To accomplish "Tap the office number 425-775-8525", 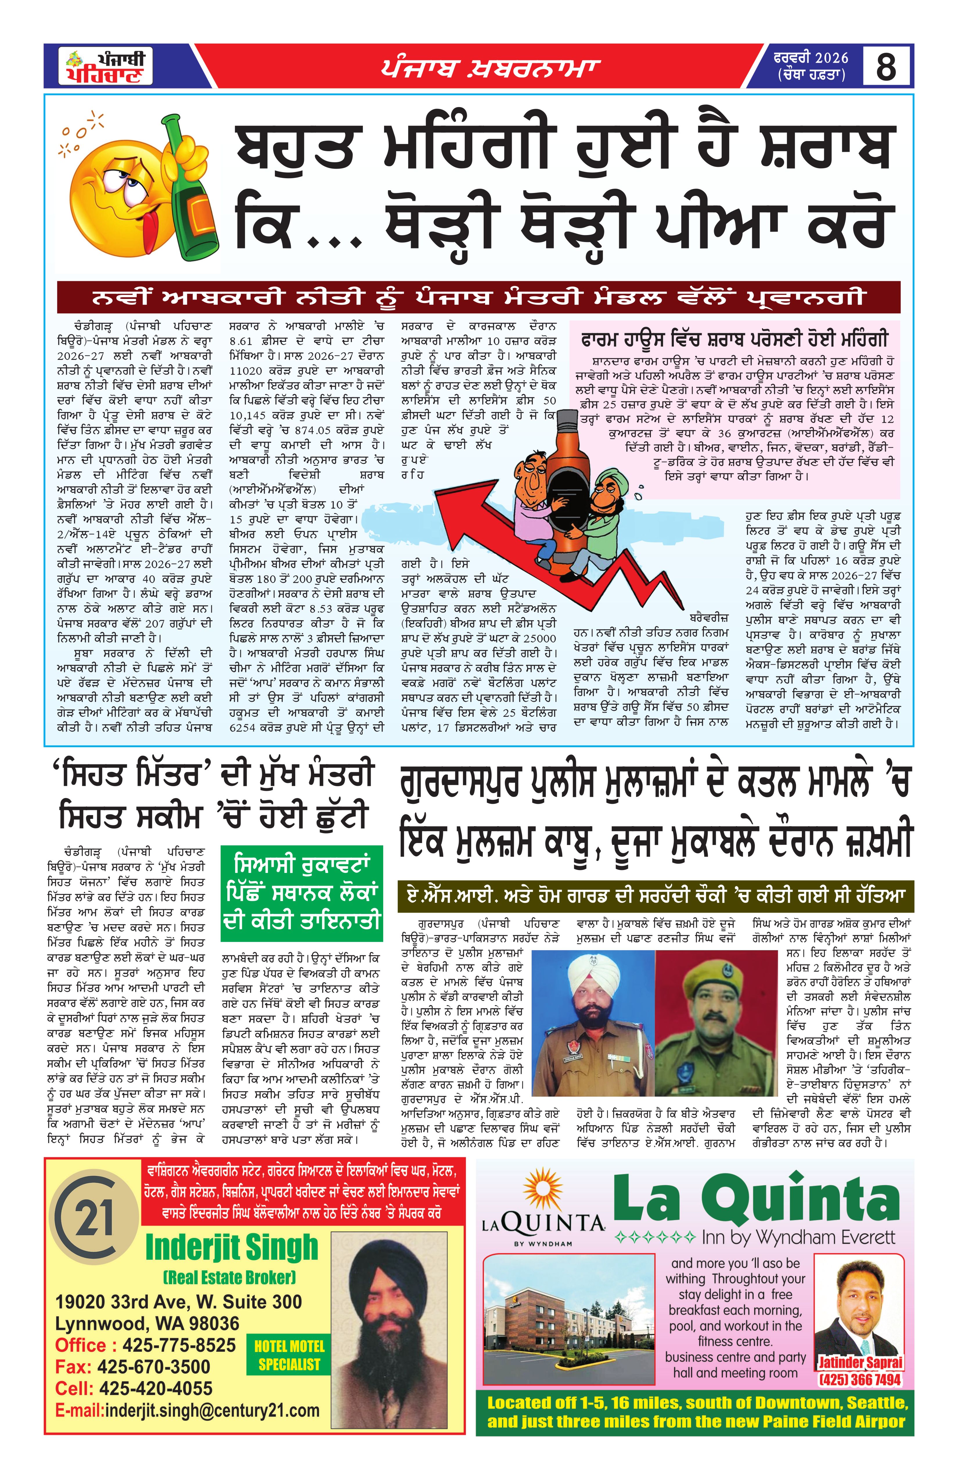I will pos(179,1345).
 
